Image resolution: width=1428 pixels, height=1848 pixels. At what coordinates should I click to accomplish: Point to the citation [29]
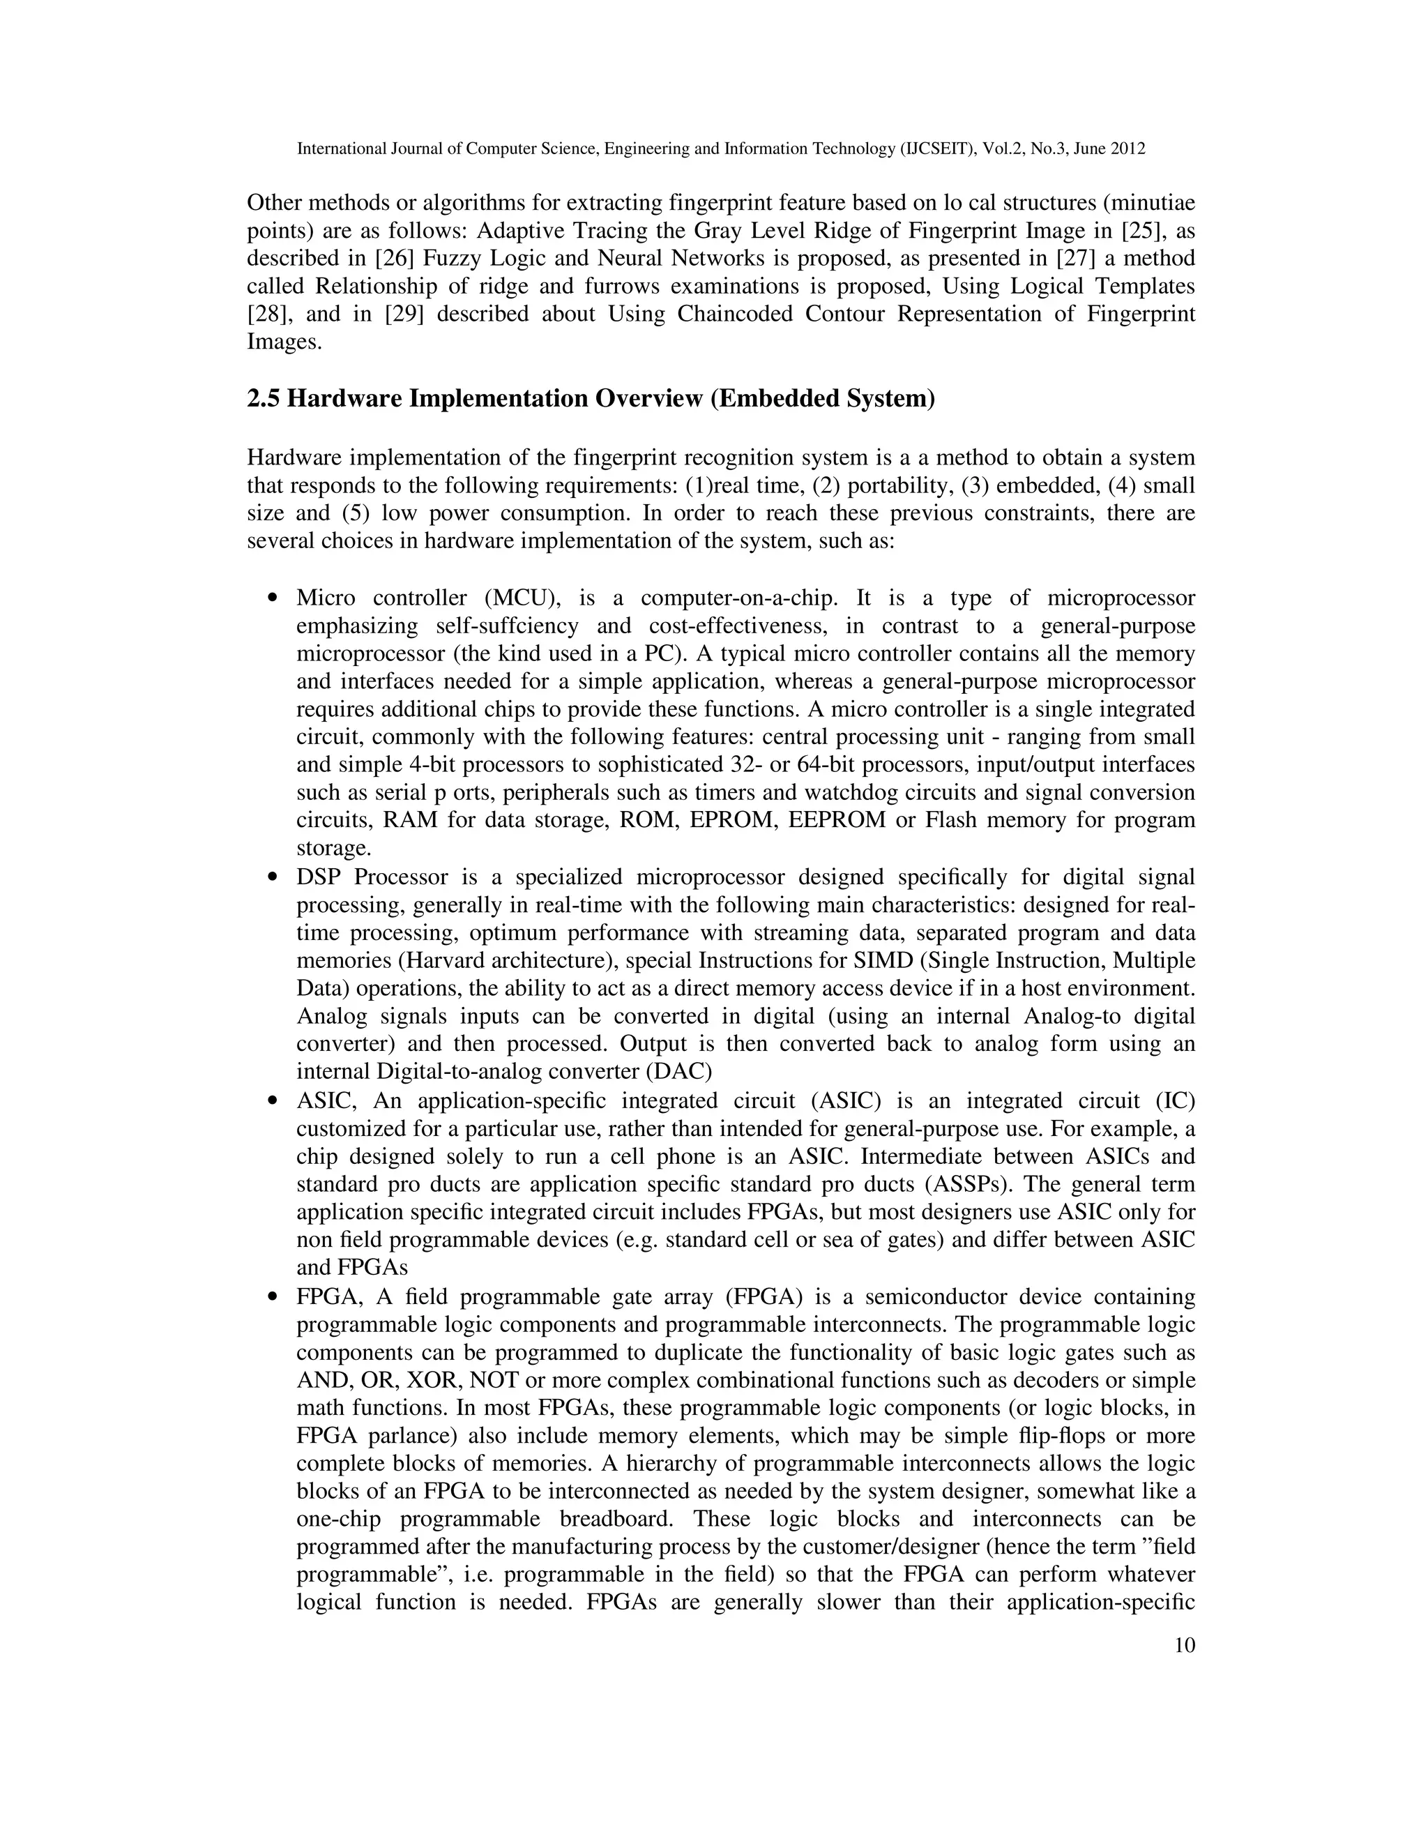(x=404, y=314)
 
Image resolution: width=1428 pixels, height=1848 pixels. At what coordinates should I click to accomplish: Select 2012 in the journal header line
(x=1130, y=149)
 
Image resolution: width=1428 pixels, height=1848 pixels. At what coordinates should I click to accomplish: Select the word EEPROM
(x=837, y=820)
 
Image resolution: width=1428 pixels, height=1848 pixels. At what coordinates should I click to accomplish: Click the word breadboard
(x=615, y=1519)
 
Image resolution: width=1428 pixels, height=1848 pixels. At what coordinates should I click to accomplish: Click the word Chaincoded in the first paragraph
(x=734, y=314)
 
